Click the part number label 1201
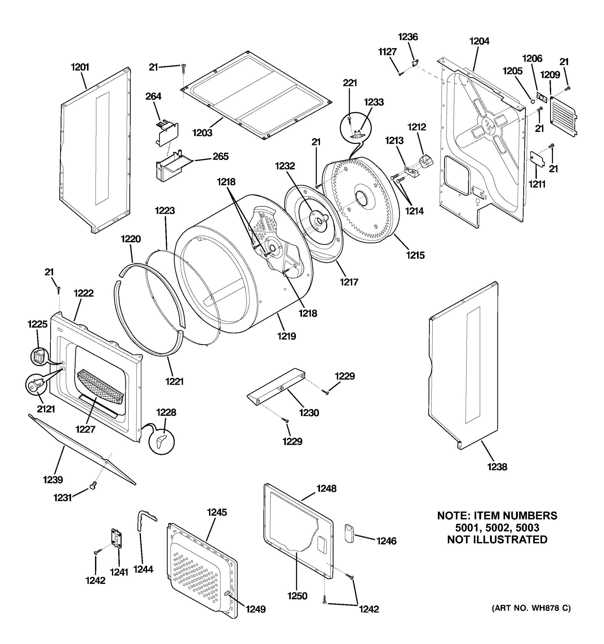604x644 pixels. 80,67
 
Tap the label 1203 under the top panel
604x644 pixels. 202,133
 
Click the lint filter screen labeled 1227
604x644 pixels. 100,386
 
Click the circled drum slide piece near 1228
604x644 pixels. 161,441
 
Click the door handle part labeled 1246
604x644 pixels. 349,533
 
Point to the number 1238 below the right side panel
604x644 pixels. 497,467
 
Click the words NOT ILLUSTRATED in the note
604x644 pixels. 497,540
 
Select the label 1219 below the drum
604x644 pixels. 286,336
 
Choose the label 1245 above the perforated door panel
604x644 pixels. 217,512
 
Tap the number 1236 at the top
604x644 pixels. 408,37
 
